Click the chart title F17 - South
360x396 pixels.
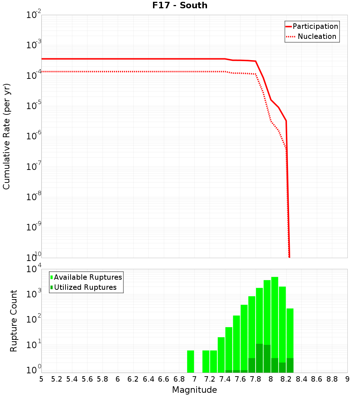[x=180, y=5]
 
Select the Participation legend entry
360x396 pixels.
[x=315, y=26]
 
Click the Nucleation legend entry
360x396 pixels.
[x=316, y=36]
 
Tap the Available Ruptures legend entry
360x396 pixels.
[x=87, y=277]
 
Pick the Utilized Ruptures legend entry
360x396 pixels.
[x=85, y=287]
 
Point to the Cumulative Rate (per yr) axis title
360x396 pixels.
[x=6, y=136]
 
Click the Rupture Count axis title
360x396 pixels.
[x=14, y=321]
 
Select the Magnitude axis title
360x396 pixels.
[x=194, y=390]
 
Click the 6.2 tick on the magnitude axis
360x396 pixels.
[x=133, y=379]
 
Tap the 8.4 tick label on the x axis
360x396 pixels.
[x=301, y=379]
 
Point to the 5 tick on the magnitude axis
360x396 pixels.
[x=41, y=379]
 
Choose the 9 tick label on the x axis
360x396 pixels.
[x=347, y=379]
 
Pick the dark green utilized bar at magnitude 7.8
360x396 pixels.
[x=259, y=358]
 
